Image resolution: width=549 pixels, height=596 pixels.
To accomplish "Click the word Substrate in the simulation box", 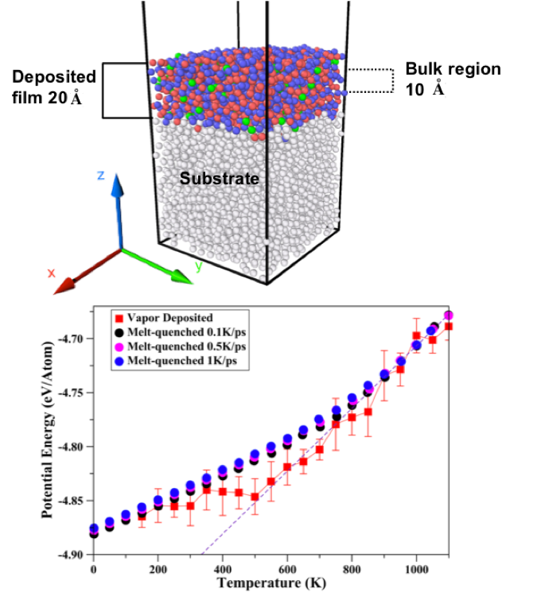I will click(219, 179).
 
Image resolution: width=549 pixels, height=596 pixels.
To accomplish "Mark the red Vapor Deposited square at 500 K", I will click(255, 497).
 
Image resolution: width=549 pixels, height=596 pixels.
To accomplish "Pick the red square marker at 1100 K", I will click(449, 326).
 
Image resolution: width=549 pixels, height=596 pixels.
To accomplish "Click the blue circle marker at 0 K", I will click(94, 528).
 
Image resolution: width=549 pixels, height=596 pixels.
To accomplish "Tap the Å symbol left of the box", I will click(76, 99).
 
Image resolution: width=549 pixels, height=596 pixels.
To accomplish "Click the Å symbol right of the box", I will click(438, 88).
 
